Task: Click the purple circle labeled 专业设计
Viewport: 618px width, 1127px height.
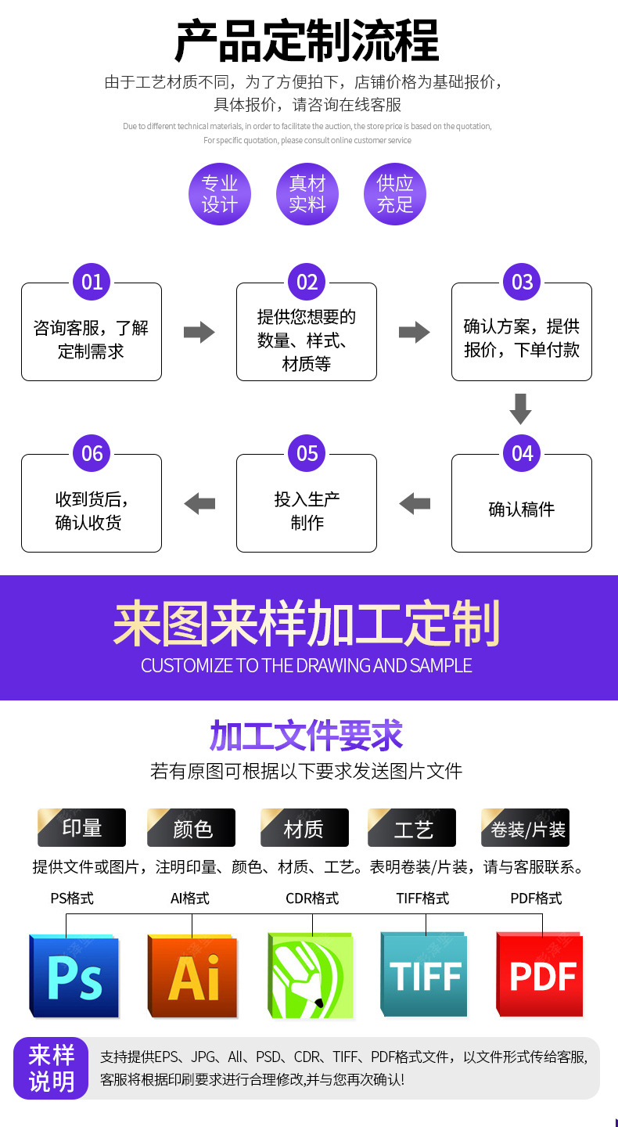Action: (220, 194)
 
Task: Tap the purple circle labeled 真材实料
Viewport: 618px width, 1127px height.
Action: (307, 194)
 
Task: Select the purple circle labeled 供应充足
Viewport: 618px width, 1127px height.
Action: (395, 194)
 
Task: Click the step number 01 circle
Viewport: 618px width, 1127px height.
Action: (92, 282)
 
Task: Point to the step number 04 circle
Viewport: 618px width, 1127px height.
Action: (522, 453)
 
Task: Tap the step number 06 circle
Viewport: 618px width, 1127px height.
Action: (92, 453)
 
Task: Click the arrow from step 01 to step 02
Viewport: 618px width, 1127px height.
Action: (199, 332)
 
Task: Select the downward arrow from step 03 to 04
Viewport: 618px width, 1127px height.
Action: (520, 409)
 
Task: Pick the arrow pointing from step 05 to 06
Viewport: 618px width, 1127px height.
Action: (199, 503)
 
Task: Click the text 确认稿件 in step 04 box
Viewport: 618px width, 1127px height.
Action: (521, 509)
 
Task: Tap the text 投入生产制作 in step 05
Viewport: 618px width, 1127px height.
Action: (307, 510)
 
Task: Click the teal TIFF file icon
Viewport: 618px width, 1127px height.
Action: (424, 975)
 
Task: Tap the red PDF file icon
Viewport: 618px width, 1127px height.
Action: (541, 974)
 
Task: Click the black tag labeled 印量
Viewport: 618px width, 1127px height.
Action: (82, 828)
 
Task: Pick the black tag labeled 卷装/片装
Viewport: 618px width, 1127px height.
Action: (526, 828)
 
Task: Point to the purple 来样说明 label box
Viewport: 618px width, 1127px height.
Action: (51, 1068)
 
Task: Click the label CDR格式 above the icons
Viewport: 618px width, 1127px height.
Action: (312, 898)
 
